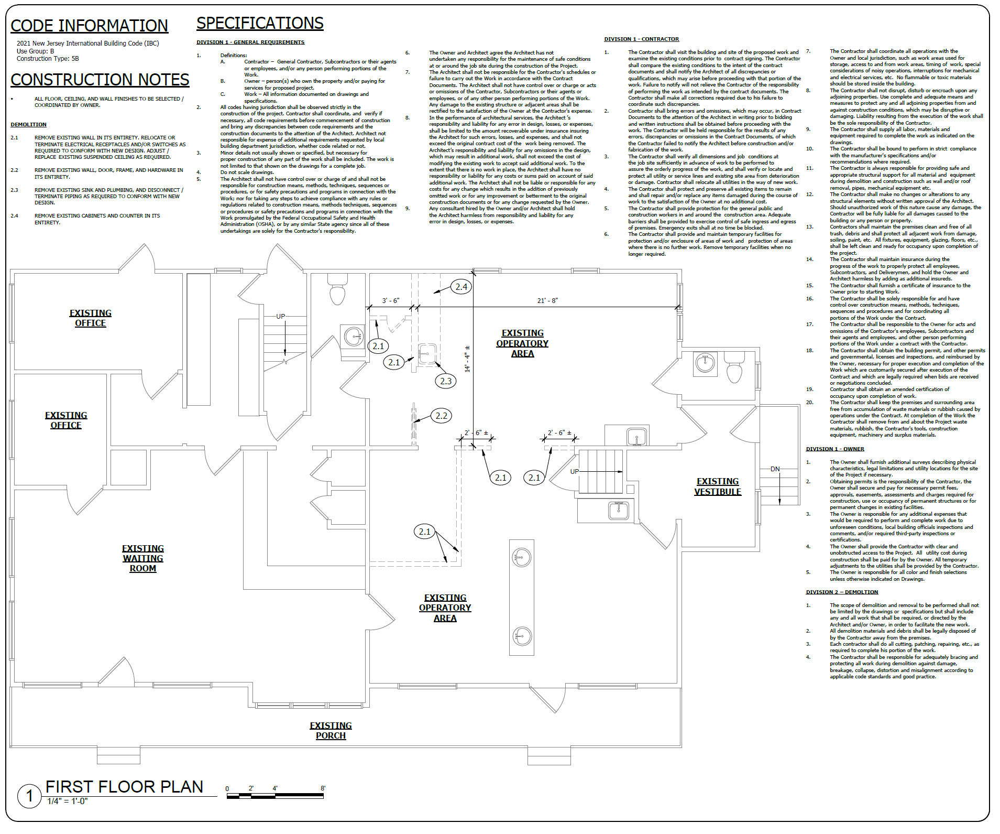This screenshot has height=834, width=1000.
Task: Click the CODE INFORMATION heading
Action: point(89,26)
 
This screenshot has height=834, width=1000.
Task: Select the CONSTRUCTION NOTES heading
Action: point(100,80)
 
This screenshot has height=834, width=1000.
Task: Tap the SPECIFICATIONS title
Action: point(260,23)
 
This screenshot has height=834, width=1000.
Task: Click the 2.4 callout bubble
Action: point(461,287)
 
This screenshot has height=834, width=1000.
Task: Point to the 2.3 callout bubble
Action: point(446,381)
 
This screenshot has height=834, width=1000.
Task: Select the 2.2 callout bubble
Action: point(442,416)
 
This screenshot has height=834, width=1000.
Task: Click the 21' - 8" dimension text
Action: point(547,300)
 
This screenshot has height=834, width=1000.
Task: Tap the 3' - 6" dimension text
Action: point(390,300)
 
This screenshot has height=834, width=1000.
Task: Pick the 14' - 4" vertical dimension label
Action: point(467,359)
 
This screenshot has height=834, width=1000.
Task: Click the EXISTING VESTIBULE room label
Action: point(718,486)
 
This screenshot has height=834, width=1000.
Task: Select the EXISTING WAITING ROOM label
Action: point(143,558)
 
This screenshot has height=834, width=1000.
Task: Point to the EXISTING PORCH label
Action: point(331,730)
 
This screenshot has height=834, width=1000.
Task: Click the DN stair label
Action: point(775,469)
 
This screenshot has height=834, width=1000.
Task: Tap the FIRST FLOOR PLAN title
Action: point(124,787)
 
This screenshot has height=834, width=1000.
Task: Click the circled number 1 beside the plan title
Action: point(29,796)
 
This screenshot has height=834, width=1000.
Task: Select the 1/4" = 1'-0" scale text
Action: point(68,801)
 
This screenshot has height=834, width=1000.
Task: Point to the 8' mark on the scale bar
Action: point(323,788)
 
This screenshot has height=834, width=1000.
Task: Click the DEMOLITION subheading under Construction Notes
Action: point(29,125)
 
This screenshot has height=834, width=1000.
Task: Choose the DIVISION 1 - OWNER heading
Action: point(835,449)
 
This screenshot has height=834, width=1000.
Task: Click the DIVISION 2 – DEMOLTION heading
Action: point(842,592)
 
